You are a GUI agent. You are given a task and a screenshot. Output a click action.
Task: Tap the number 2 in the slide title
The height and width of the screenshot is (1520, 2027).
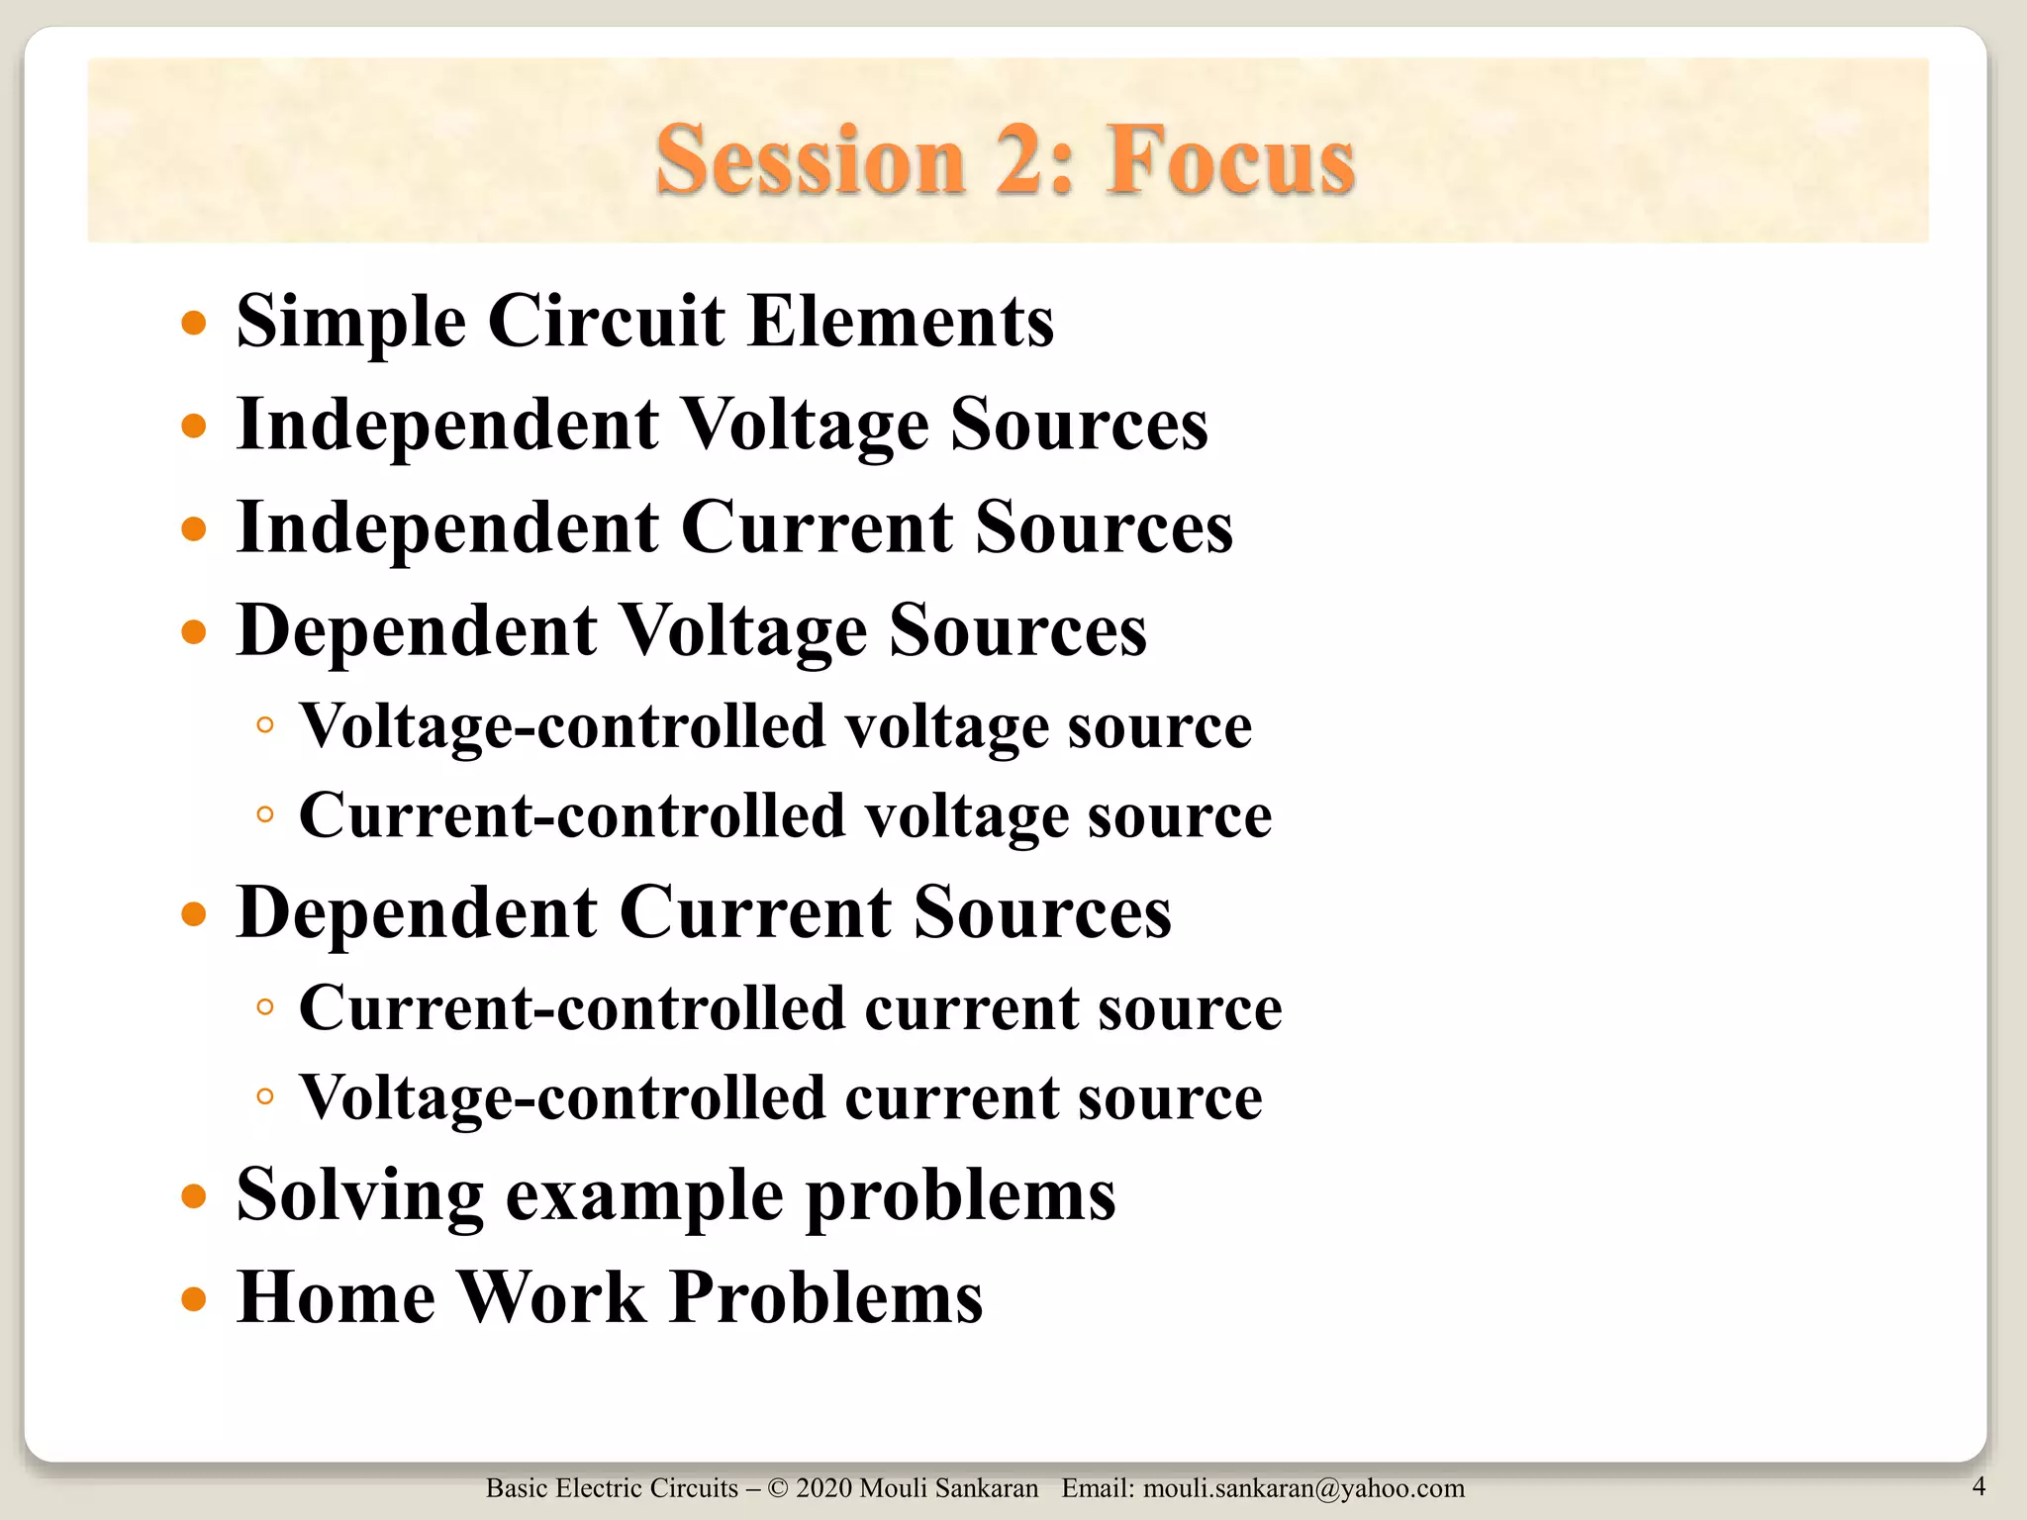[1025, 160]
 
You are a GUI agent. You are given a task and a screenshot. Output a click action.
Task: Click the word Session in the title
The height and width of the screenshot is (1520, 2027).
[811, 160]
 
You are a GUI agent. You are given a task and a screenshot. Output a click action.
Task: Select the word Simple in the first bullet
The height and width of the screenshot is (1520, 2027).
[350, 322]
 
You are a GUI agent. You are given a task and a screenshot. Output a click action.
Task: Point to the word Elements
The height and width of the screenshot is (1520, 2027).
[901, 322]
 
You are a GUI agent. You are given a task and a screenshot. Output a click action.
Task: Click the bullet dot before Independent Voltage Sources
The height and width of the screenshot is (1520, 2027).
[194, 426]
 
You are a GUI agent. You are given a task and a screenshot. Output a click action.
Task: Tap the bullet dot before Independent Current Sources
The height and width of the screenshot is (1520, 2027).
[194, 528]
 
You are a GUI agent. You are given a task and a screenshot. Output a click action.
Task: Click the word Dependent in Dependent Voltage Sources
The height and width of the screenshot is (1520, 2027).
[417, 630]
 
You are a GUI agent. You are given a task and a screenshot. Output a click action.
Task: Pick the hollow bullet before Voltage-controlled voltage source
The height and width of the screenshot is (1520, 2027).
[264, 725]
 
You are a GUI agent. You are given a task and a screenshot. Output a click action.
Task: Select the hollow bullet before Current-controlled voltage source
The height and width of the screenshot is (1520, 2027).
[264, 814]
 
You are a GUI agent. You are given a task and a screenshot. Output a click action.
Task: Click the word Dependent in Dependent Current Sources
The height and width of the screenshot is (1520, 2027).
[417, 912]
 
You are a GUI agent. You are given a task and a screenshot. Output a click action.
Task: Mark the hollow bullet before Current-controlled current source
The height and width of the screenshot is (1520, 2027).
[264, 1007]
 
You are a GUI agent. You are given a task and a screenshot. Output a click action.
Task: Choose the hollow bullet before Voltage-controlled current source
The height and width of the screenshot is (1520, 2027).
[264, 1096]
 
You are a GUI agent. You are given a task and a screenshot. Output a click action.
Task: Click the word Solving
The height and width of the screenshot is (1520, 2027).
[360, 1195]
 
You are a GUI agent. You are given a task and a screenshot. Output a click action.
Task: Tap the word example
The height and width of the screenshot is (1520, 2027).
[644, 1195]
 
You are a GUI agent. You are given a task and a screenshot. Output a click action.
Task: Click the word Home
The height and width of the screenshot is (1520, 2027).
[337, 1297]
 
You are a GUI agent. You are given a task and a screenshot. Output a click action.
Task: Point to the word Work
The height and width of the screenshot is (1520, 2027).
[553, 1297]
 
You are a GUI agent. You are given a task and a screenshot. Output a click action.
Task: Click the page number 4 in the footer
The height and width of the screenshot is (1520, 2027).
[1979, 1485]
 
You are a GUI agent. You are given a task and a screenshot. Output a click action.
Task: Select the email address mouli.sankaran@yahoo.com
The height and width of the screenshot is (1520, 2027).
[1303, 1488]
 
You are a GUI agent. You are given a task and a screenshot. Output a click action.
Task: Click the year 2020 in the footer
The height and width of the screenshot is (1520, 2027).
[823, 1488]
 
